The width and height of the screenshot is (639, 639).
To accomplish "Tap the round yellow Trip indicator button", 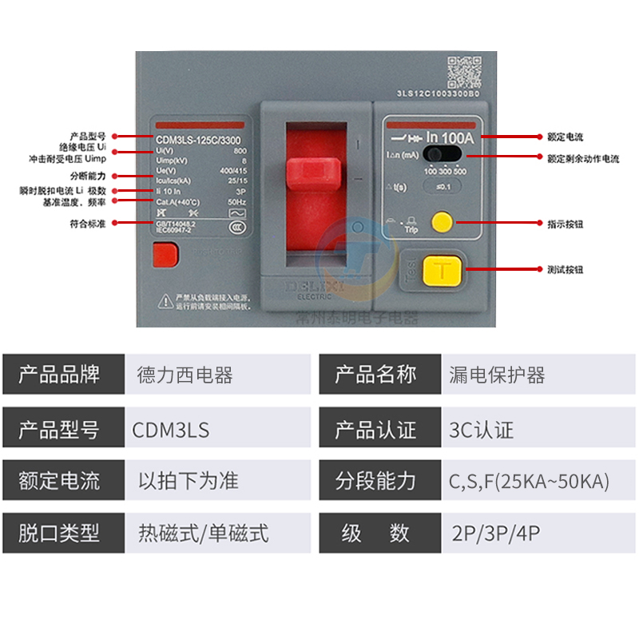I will click(441, 221).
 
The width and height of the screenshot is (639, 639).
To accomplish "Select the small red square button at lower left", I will click(165, 256).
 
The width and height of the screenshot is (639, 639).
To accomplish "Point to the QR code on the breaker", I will click(462, 72).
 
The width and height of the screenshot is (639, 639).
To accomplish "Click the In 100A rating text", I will click(450, 137).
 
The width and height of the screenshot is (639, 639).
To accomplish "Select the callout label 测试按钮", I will click(565, 270).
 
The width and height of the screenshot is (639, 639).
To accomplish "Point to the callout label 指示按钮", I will click(565, 224).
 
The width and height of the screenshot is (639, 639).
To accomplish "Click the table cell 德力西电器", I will click(185, 375).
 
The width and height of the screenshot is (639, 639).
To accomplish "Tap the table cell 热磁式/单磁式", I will click(203, 533).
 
